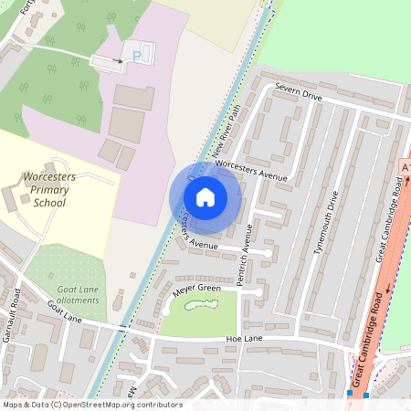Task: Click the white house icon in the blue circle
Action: [205, 196]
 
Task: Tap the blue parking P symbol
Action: [138, 56]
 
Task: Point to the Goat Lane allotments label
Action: [78, 294]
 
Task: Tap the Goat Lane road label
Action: [66, 312]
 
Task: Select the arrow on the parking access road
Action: [118, 61]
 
